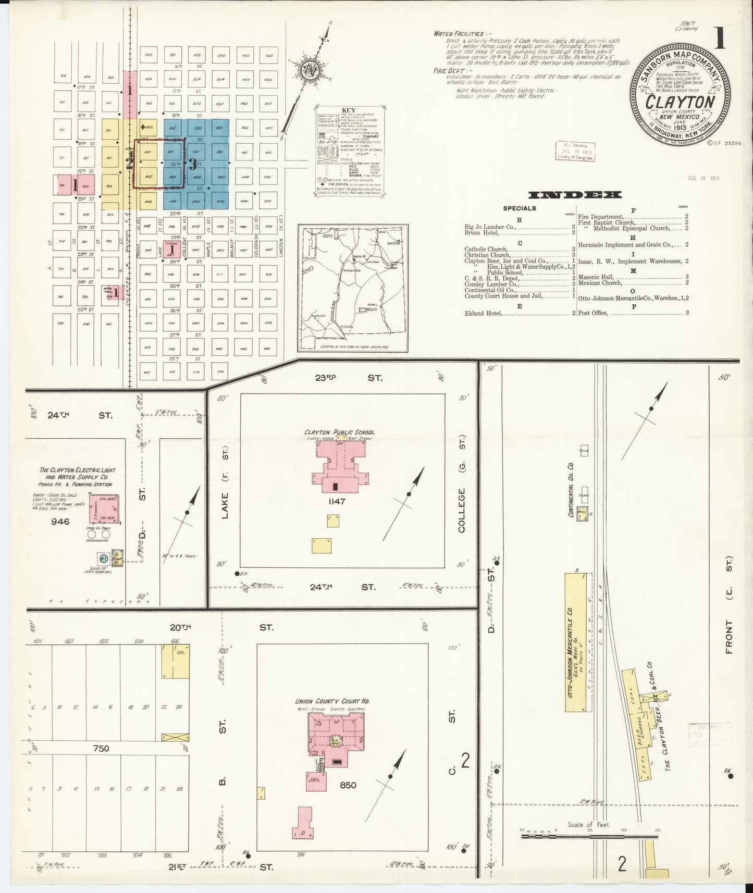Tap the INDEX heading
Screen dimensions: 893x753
click(x=575, y=195)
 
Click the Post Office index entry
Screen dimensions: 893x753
click(x=592, y=313)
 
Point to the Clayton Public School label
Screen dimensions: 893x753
click(x=339, y=432)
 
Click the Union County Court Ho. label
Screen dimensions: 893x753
click(x=332, y=701)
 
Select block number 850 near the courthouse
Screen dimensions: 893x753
click(x=347, y=785)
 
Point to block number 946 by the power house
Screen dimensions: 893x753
click(x=60, y=520)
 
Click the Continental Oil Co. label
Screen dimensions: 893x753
click(x=571, y=489)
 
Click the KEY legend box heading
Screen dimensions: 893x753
click(x=348, y=110)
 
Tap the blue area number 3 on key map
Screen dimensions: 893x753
click(x=193, y=165)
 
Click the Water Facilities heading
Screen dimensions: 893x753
click(x=459, y=33)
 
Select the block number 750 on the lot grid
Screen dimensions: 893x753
click(x=101, y=748)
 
